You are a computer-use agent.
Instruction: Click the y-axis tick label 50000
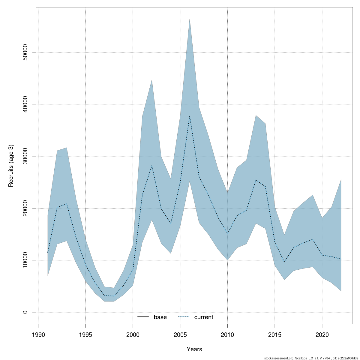tap(25, 52)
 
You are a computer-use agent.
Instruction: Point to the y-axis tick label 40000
tap(25, 104)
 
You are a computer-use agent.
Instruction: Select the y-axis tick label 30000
tap(25, 156)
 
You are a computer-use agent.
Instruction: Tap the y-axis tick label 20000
tap(25, 208)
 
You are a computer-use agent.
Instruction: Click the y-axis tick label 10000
tap(25, 260)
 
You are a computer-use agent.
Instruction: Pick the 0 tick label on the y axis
tap(25, 312)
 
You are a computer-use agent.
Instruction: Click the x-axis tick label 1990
tap(38, 334)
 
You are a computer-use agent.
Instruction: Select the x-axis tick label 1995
tap(86, 334)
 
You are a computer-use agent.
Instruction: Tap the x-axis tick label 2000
tap(133, 334)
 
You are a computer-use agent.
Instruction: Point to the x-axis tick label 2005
tap(180, 334)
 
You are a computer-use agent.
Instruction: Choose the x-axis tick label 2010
tap(227, 334)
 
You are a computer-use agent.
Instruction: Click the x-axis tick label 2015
tap(275, 334)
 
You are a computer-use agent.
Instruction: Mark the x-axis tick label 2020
tap(322, 334)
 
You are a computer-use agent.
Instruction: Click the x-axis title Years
tap(194, 349)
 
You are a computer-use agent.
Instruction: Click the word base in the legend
tap(160, 317)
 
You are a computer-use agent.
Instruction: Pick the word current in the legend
tap(204, 317)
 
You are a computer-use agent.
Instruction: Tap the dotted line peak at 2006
tap(190, 116)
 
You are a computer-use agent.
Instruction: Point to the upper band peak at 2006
tap(190, 19)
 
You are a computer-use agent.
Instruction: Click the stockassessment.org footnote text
tap(311, 358)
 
